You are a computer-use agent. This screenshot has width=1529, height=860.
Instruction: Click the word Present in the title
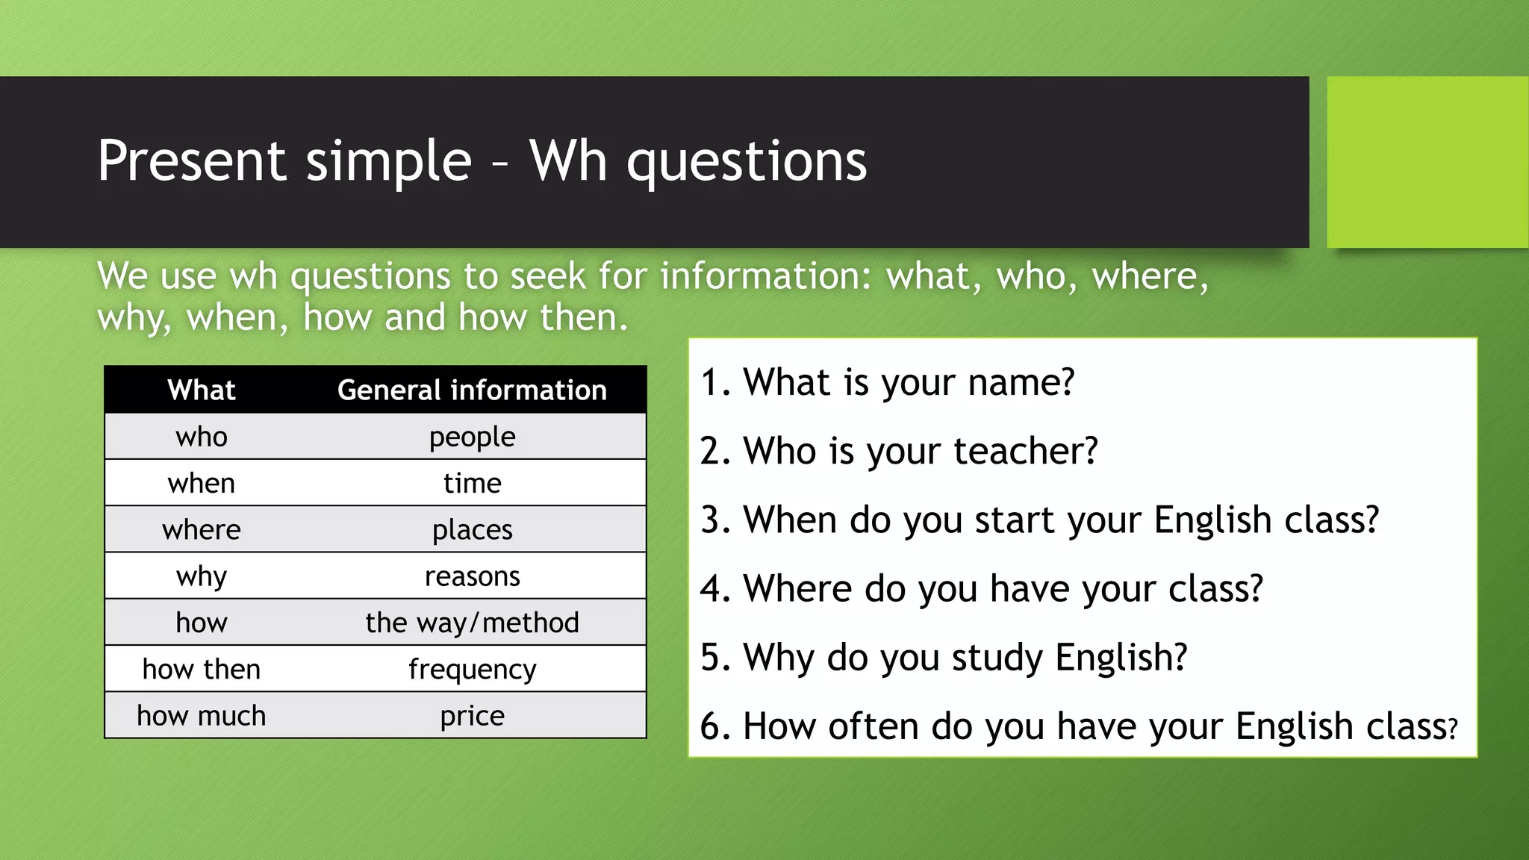(x=191, y=161)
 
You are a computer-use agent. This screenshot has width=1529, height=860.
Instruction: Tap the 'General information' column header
(x=472, y=390)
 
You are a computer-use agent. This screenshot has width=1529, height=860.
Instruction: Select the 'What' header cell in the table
(x=202, y=390)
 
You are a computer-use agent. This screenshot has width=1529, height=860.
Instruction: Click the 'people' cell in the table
(x=472, y=437)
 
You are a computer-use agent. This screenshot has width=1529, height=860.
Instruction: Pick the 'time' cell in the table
(x=472, y=484)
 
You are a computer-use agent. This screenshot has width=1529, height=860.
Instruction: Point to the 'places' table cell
(x=472, y=530)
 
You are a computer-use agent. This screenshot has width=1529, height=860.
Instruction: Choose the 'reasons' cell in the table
(x=472, y=576)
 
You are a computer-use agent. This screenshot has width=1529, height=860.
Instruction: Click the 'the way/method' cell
(x=472, y=623)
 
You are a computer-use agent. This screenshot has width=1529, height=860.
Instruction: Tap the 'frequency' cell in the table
(x=472, y=670)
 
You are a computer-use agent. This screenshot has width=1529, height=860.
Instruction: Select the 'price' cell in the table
(x=472, y=716)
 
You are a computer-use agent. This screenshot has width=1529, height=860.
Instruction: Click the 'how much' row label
(x=202, y=716)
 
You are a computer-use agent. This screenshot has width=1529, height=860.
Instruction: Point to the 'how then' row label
(x=202, y=670)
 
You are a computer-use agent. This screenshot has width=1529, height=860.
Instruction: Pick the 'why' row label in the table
(x=202, y=576)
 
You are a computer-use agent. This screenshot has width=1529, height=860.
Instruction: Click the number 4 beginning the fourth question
(x=711, y=589)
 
